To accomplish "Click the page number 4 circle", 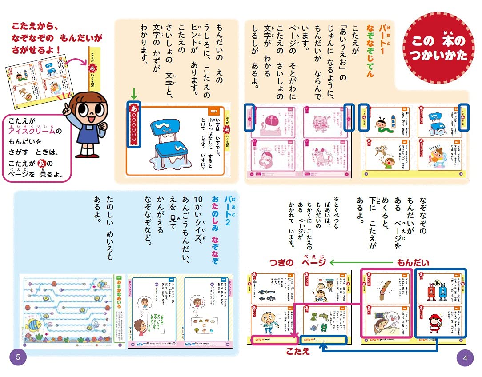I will [465, 358].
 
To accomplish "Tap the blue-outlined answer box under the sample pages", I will [323, 341].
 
